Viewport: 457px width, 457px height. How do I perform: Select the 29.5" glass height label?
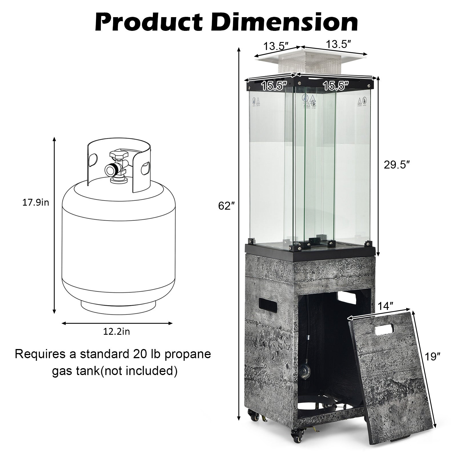tap(397, 165)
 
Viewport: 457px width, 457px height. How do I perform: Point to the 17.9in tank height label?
tap(36, 203)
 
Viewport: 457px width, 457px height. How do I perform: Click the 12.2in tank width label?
tap(117, 332)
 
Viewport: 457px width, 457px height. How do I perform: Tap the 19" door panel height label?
tap(433, 356)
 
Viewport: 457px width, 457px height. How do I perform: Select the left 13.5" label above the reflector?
tap(276, 46)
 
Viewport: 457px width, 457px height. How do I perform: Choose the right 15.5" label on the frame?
tap(336, 86)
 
